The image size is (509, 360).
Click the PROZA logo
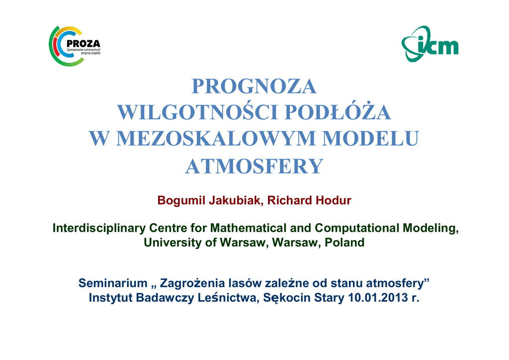coord(75,46)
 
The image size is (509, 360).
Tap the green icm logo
coord(430,44)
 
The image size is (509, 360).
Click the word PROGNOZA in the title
coord(254,87)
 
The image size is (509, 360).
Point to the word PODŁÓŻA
coord(338,112)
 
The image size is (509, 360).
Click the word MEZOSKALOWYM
coord(216,138)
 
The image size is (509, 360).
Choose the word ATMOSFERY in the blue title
coord(254,166)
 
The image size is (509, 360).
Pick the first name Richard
coord(290,200)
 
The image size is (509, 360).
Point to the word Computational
coord(357,228)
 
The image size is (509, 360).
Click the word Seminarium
coord(113,283)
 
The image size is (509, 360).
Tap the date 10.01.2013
coord(378,297)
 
